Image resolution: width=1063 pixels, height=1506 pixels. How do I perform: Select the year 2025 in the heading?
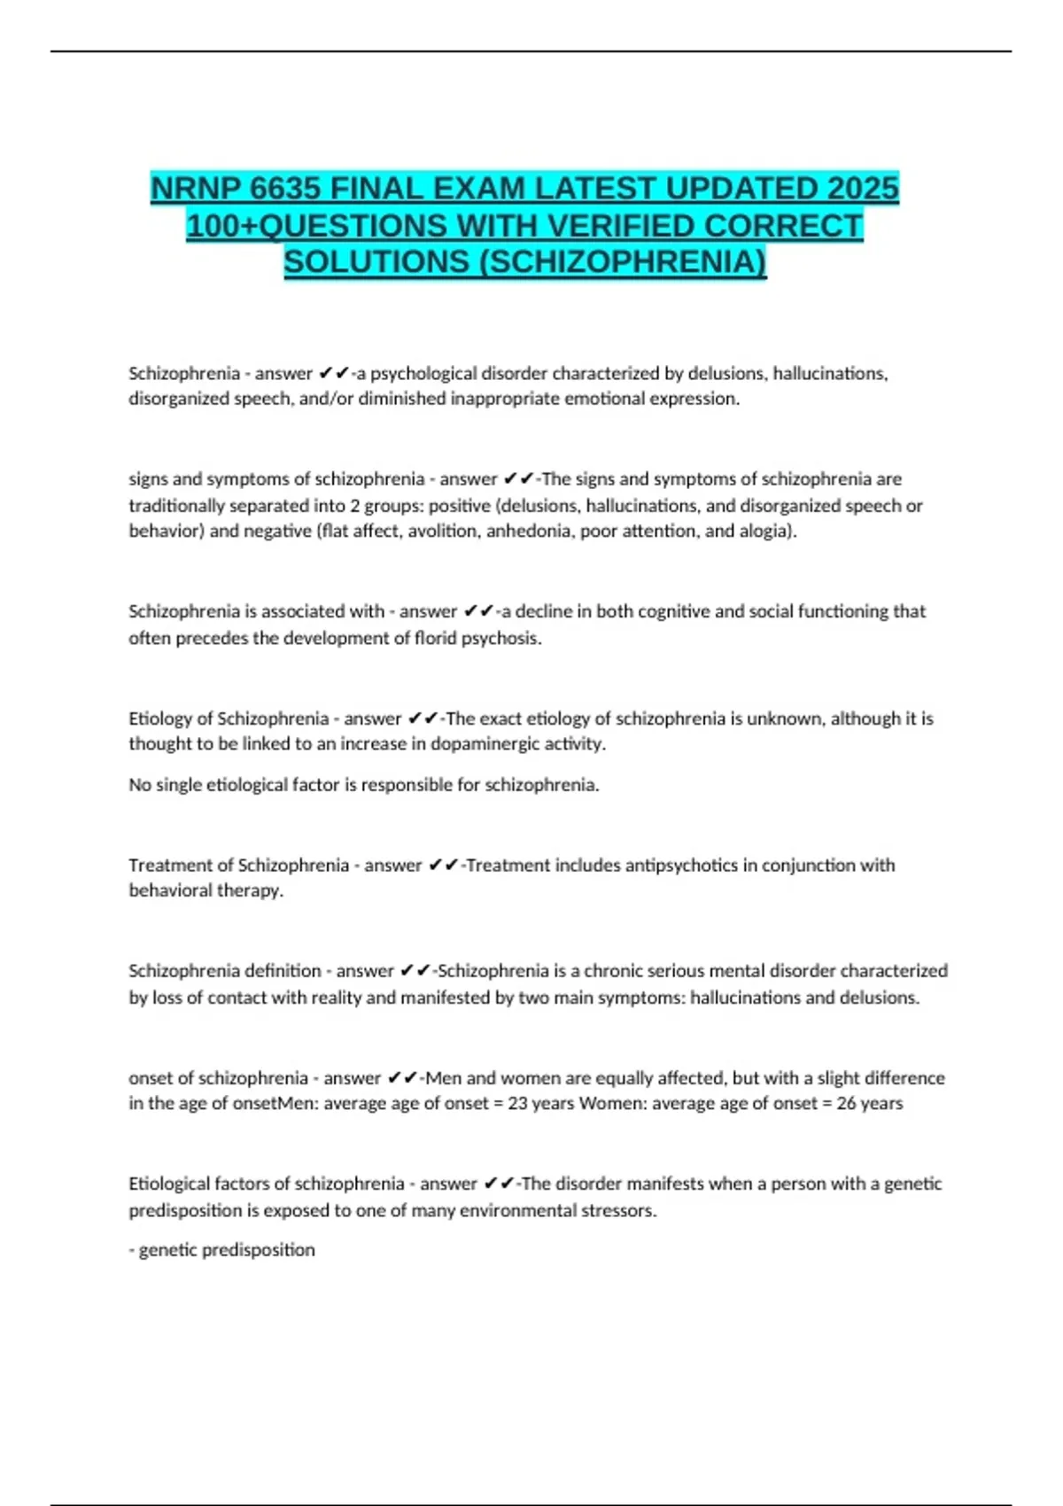(863, 189)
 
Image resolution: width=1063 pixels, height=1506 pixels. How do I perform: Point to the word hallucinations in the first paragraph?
(829, 373)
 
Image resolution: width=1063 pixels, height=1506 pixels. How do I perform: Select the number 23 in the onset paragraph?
(517, 1104)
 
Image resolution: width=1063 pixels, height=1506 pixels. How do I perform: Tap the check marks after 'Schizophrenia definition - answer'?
(415, 971)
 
